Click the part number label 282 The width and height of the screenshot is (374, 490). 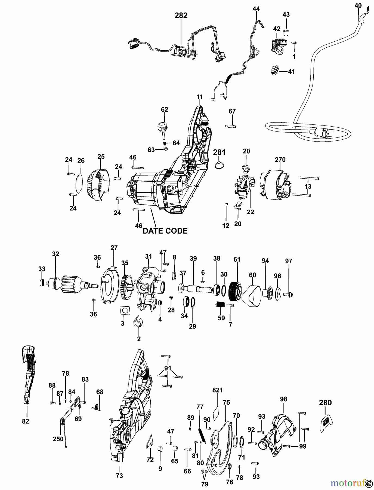[181, 16]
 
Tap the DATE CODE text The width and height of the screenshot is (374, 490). [165, 231]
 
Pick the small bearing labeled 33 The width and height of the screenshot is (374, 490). [42, 283]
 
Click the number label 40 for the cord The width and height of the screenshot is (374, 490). [358, 5]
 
